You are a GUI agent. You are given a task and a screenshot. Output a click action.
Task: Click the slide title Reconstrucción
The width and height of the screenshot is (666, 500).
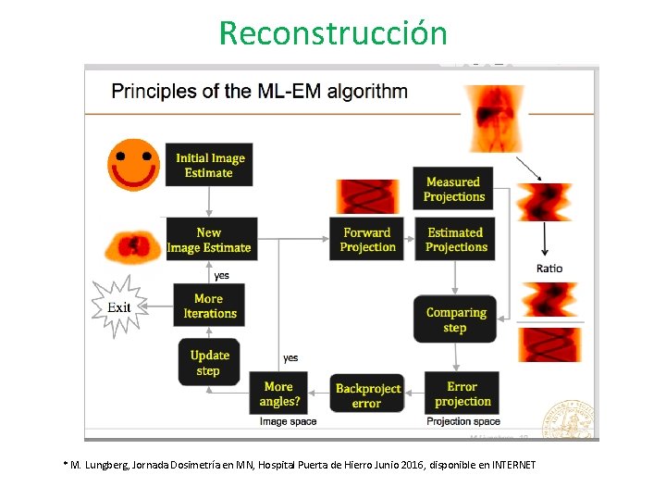tap(333, 33)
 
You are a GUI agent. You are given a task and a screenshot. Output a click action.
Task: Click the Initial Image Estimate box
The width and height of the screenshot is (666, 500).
tap(209, 165)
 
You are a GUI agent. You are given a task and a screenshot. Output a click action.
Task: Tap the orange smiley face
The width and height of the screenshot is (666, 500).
tap(134, 164)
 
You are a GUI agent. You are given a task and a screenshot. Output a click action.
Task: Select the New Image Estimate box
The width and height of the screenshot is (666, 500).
tap(209, 239)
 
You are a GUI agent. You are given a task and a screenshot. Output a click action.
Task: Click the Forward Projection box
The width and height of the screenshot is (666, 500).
tap(367, 239)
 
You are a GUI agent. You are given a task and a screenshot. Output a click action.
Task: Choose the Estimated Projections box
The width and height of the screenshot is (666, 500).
tap(456, 239)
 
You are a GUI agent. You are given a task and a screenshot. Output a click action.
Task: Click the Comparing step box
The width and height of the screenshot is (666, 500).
tap(455, 319)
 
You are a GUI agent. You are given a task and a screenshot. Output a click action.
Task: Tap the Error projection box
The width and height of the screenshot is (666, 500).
tap(462, 394)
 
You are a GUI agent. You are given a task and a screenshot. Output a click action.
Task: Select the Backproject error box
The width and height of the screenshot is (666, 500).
tap(367, 395)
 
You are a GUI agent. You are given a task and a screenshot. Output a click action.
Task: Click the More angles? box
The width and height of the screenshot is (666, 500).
tap(280, 394)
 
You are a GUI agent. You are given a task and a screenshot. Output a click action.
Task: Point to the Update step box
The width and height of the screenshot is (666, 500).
tap(209, 362)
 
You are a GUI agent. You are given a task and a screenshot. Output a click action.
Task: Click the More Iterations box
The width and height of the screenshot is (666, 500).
tap(209, 306)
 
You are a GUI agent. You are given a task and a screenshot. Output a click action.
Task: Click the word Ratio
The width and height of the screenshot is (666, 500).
tap(549, 269)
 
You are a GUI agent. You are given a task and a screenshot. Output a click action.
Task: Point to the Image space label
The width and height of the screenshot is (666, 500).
tap(288, 422)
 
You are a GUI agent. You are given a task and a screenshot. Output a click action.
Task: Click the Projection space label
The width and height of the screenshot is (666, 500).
tap(462, 422)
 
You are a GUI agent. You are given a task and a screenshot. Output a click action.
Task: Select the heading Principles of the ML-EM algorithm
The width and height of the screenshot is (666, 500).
tap(259, 92)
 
